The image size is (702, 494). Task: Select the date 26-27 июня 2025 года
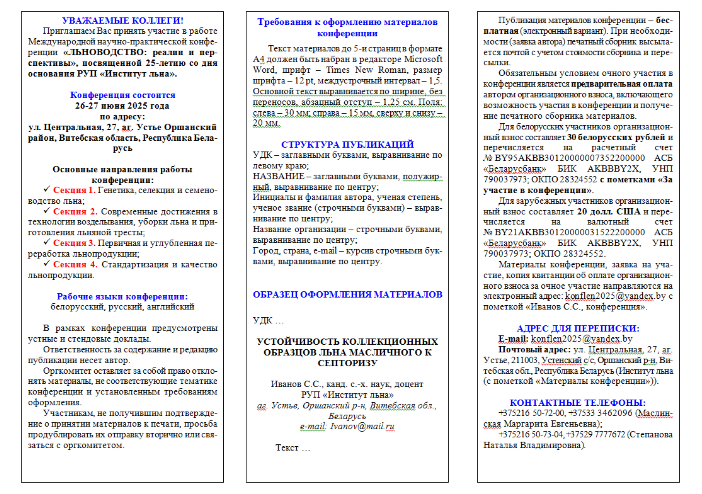pos(122,106)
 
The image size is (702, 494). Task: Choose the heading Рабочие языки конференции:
pos(122,296)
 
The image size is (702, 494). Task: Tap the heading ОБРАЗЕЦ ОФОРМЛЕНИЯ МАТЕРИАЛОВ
pos(347,295)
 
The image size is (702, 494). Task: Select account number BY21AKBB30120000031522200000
pos(569,232)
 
